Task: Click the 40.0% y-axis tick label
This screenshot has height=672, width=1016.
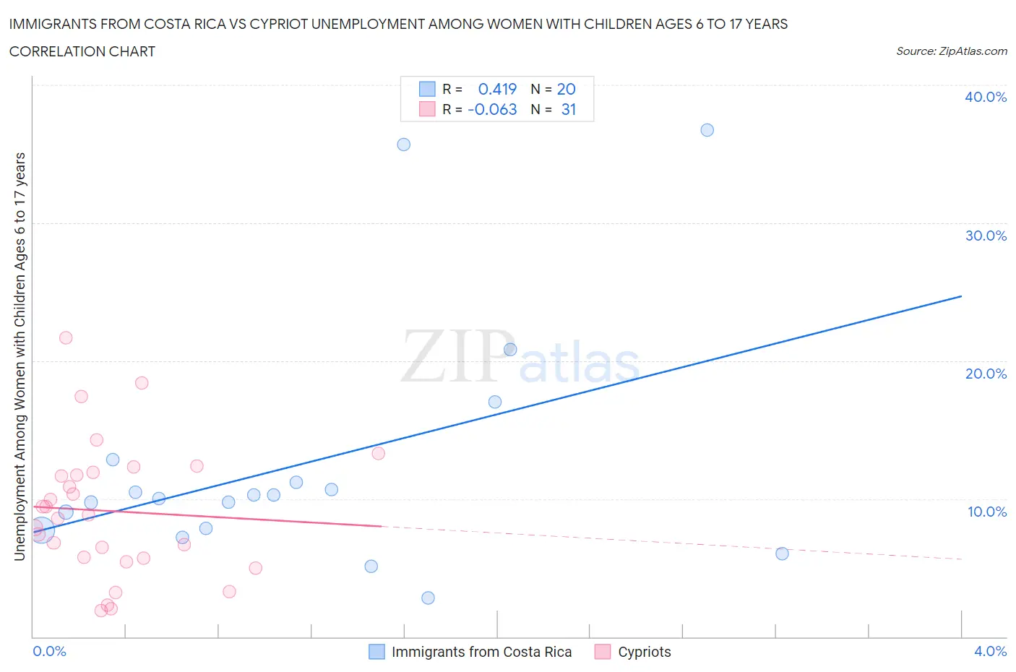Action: tap(986, 97)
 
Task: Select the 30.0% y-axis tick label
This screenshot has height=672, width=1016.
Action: tap(986, 236)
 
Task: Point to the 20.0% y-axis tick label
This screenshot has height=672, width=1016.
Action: tap(986, 374)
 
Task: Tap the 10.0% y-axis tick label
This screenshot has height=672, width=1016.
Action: tap(987, 512)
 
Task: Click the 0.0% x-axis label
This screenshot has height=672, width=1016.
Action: tap(50, 651)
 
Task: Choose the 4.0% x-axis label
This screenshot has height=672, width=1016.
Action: tap(990, 651)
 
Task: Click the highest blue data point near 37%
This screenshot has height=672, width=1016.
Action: tap(707, 130)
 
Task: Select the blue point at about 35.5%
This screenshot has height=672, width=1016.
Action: tap(404, 145)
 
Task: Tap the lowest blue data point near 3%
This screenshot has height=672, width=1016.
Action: tap(428, 598)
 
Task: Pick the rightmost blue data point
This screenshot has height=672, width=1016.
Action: tap(782, 553)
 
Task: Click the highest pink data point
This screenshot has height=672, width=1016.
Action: tap(66, 337)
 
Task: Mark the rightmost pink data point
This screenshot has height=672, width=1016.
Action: tap(378, 454)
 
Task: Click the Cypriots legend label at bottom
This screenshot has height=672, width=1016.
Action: tap(644, 652)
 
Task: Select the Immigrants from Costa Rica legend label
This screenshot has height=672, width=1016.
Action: tap(481, 652)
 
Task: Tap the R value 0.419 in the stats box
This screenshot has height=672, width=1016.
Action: tap(497, 89)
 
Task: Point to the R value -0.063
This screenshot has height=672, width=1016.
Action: tap(492, 109)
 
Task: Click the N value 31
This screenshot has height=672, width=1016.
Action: tap(569, 109)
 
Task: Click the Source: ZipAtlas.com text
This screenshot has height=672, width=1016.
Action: tap(951, 51)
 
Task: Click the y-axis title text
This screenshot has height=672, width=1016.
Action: tap(20, 356)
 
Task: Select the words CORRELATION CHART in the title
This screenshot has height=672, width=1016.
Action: tap(82, 51)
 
